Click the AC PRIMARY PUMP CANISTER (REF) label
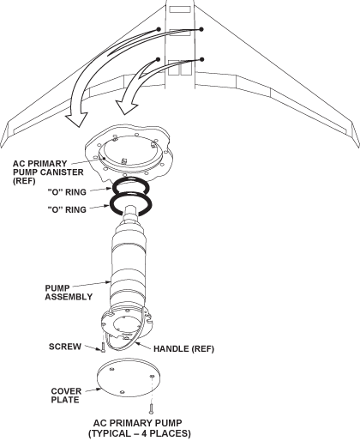click(x=48, y=172)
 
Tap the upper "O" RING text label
click(x=67, y=192)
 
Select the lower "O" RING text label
click(x=67, y=209)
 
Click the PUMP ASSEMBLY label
click(x=69, y=293)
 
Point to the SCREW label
click(x=65, y=347)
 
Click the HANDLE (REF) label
click(x=183, y=349)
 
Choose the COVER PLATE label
click(x=66, y=396)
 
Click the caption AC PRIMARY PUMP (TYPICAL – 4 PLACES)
click(x=139, y=428)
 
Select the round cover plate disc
click(x=128, y=378)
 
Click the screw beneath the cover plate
click(x=152, y=408)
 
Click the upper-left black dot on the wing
click(x=159, y=29)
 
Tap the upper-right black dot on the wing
click(x=201, y=29)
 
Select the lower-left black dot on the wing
click(x=158, y=59)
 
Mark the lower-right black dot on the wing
click(x=202, y=59)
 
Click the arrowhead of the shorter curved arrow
click(x=127, y=107)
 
